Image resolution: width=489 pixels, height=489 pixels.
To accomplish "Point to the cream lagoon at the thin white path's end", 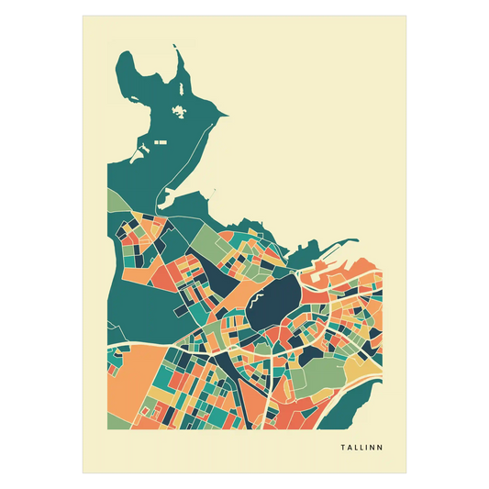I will point(170,194).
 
